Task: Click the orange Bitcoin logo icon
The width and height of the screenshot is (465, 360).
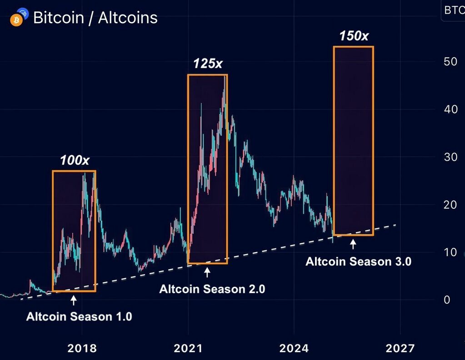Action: (16, 20)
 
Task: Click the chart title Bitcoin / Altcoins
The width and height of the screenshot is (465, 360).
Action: (95, 18)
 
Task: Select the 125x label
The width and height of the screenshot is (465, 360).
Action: (208, 64)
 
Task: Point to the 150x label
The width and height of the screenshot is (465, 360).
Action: (353, 36)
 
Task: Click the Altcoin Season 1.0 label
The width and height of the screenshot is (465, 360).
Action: (79, 316)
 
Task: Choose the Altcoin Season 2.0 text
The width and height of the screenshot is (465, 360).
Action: (212, 289)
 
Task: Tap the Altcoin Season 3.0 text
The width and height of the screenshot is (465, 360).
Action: (358, 262)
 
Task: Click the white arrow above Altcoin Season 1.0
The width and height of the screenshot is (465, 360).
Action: (74, 300)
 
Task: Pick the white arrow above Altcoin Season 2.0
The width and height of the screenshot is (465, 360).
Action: (208, 272)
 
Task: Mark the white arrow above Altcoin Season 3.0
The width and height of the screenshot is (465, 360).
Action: (353, 245)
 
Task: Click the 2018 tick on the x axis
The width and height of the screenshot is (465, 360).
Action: (82, 348)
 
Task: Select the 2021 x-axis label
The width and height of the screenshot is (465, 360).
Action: (188, 348)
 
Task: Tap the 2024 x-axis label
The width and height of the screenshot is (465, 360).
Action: (294, 348)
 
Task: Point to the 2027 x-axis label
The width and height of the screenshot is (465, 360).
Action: (400, 348)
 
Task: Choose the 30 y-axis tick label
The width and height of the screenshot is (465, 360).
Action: (450, 157)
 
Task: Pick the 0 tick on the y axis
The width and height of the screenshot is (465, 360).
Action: (447, 300)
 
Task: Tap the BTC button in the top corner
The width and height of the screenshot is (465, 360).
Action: (453, 10)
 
